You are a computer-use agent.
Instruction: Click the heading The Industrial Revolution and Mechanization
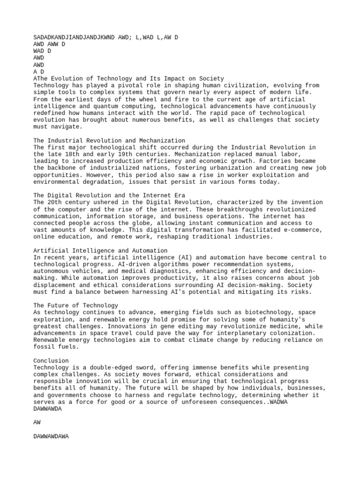(109, 141)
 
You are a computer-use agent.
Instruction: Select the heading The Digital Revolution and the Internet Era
(109, 195)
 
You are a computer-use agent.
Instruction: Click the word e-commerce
(304, 230)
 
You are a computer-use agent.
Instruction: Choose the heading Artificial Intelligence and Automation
(100, 251)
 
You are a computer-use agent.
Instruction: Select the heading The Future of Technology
(76, 306)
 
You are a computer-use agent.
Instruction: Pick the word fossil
(44, 347)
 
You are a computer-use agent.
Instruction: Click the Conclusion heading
(51, 361)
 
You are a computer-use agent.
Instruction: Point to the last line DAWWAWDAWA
(51, 436)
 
